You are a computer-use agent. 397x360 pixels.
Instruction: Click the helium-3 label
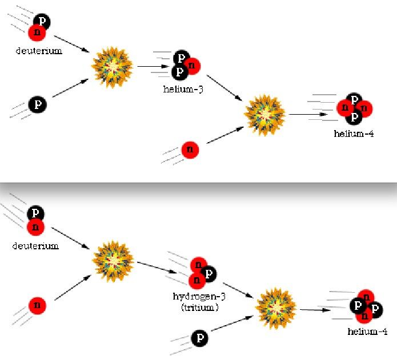183,89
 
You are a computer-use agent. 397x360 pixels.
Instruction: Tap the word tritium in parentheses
200,308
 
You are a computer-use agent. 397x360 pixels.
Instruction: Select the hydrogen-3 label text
199,296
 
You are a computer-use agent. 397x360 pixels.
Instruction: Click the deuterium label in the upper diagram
39,51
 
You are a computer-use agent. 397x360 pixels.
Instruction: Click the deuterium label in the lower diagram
35,246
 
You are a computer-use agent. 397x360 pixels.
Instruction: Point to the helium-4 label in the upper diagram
354,134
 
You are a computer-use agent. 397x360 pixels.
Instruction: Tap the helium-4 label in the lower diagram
367,331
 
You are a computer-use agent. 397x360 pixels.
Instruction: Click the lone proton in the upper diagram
38,104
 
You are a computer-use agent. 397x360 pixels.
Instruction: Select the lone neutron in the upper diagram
190,149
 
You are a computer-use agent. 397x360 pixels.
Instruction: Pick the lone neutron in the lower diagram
37,305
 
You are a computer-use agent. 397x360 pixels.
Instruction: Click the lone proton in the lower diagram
200,338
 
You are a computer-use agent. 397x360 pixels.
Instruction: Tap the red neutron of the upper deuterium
37,33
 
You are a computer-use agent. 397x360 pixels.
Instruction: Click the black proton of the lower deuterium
35,213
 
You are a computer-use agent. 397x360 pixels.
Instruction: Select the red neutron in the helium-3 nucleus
192,66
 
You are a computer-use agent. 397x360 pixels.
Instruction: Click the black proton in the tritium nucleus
208,274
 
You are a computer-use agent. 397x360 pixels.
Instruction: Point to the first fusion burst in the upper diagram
112,67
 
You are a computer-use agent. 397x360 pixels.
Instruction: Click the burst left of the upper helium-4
265,115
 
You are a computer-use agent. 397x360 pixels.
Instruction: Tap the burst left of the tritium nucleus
113,262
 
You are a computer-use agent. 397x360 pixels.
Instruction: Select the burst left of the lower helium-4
276,309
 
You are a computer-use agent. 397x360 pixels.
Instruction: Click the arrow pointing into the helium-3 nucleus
153,67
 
